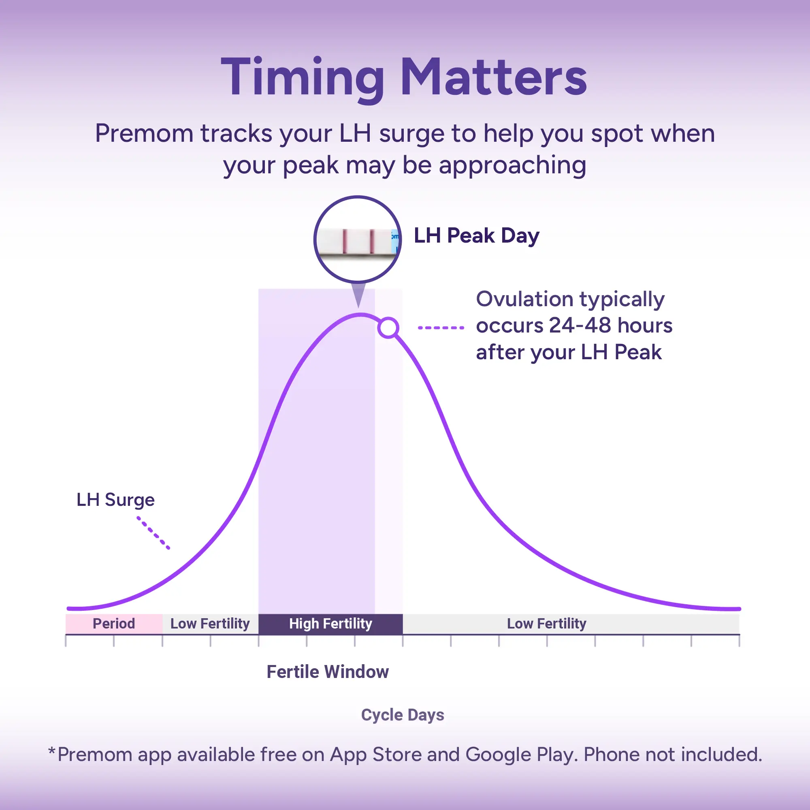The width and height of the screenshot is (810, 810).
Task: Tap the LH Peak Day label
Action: tap(476, 236)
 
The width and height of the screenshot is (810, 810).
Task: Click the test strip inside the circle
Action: tap(357, 241)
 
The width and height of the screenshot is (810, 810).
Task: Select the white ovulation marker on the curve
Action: tap(388, 327)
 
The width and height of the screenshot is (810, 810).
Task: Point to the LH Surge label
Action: tap(115, 500)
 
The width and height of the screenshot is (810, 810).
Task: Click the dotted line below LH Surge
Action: tap(153, 533)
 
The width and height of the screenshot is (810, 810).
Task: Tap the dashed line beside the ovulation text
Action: tap(441, 327)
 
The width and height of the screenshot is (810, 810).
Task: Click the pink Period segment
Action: tap(114, 624)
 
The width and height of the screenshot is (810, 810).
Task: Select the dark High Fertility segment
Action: tap(330, 624)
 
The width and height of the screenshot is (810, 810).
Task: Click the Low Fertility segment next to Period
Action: tap(211, 624)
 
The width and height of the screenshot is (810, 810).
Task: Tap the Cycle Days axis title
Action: tap(403, 715)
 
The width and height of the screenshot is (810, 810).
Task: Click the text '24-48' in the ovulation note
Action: tap(580, 325)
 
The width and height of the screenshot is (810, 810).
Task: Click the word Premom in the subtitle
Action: tap(144, 133)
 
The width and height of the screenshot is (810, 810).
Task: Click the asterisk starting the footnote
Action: tap(51, 750)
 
